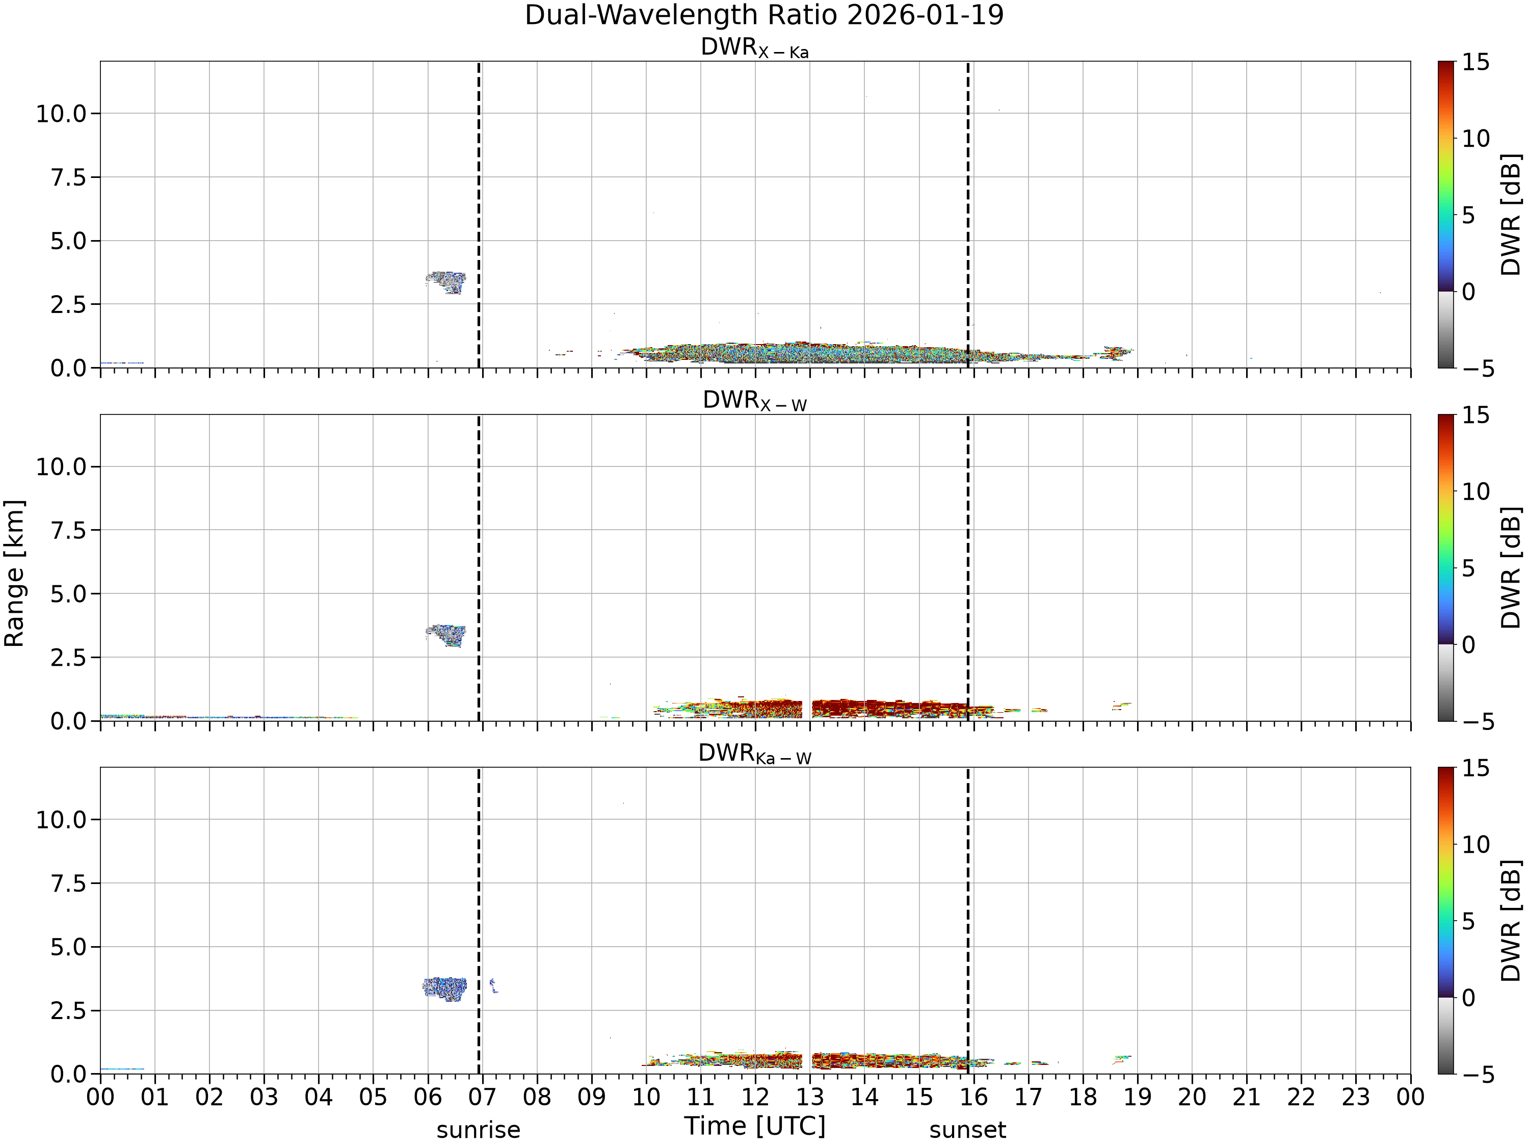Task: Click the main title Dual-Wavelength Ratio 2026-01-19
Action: click(764, 15)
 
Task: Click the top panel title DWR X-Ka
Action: click(755, 48)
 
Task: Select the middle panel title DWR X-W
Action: click(755, 402)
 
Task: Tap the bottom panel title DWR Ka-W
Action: click(755, 754)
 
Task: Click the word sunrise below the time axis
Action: click(479, 1130)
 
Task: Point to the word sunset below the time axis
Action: click(968, 1130)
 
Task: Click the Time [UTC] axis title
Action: click(755, 1126)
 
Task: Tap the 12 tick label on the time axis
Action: click(755, 1097)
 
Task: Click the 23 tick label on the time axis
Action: click(1356, 1097)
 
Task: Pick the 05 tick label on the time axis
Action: click(373, 1097)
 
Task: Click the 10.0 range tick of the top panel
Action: click(62, 113)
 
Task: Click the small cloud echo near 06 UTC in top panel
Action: click(446, 282)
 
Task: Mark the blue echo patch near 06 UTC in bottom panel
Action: click(444, 988)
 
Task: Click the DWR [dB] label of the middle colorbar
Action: click(1512, 567)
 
